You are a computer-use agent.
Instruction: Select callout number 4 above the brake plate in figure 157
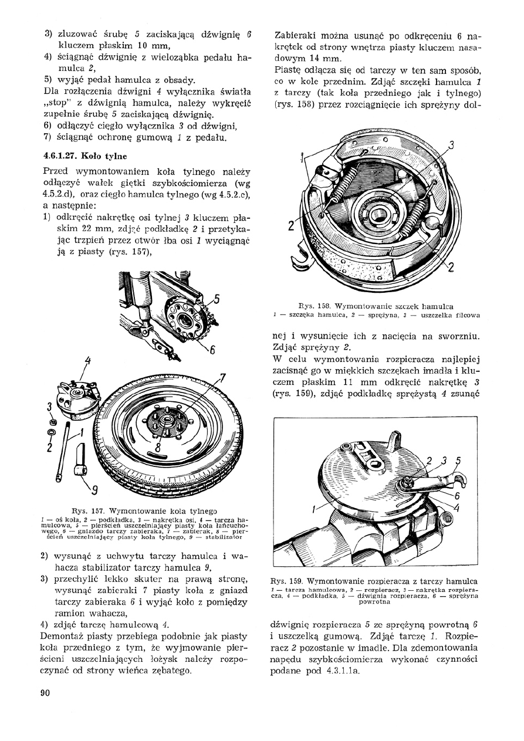[x=87, y=360]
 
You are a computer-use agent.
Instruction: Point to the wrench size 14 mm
[x=322, y=59]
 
